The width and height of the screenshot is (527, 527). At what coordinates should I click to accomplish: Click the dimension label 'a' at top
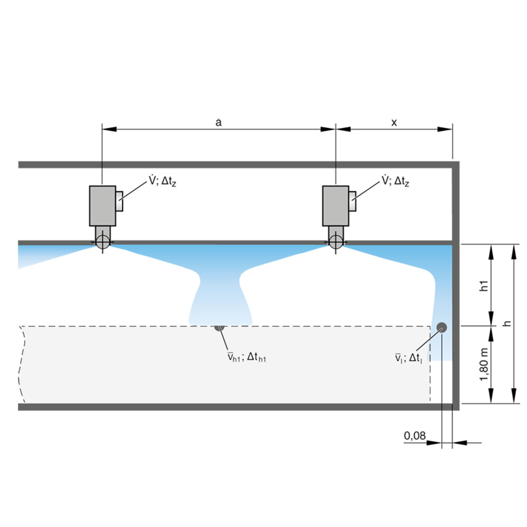219,122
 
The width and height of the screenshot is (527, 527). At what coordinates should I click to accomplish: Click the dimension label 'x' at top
394,122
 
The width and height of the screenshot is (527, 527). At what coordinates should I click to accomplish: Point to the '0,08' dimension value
414,436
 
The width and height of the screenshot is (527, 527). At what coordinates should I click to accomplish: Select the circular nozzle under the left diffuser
102,242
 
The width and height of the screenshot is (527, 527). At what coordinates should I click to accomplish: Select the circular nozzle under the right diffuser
335,242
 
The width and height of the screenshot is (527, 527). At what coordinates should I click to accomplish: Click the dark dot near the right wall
441,327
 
